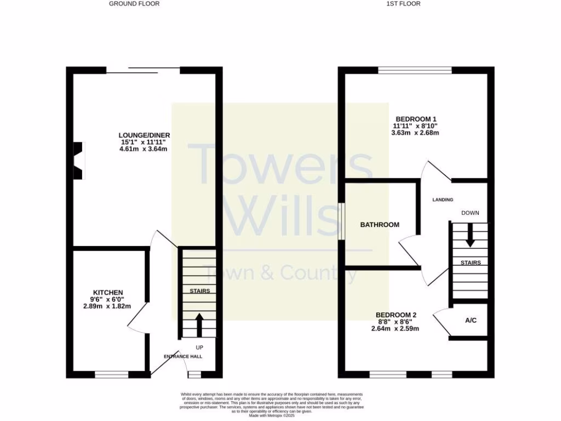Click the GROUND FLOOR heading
point(134,4)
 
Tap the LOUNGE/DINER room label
point(145,135)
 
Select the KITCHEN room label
point(107,293)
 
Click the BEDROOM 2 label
point(396,315)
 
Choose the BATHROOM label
point(380,225)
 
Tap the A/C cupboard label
point(471,320)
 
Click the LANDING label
point(443,200)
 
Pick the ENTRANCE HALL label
point(183,356)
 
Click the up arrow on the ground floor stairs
point(199,324)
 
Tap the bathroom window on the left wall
point(341,221)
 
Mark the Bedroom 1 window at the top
point(415,70)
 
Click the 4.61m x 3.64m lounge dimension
point(144,149)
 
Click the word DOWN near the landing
point(471,213)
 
